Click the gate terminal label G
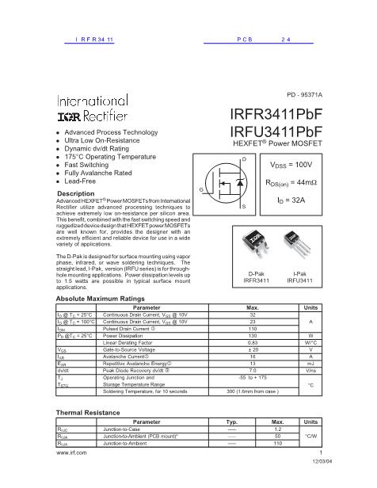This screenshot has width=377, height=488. pyautogui.click(x=201, y=191)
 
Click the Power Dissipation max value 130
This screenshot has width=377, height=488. pyautogui.click(x=253, y=335)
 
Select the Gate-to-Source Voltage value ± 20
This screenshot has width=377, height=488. pyautogui.click(x=253, y=349)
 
